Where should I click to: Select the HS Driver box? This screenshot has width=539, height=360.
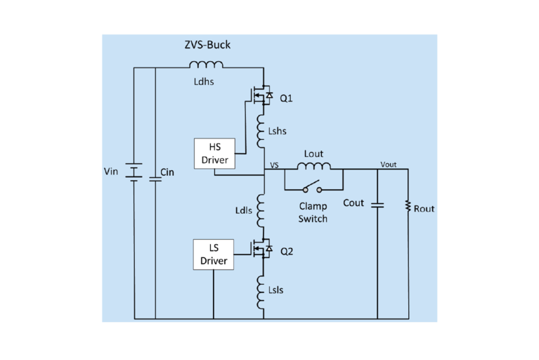tap(214, 153)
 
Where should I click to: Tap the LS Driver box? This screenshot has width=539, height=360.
tap(214, 255)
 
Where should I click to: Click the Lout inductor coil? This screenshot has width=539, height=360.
tap(313, 167)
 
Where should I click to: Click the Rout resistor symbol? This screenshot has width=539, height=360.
tap(408, 207)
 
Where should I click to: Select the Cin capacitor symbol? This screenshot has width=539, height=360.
tap(155, 176)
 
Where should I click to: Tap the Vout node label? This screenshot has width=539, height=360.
tap(389, 163)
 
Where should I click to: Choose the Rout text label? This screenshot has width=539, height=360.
tap(424, 209)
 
